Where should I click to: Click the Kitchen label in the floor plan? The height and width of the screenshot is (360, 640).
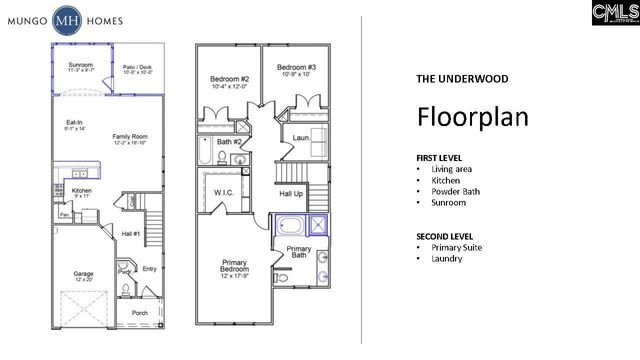(x=82, y=192)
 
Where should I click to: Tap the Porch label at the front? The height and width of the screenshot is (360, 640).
(x=140, y=313)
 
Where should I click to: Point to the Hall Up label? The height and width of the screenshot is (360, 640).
(x=291, y=193)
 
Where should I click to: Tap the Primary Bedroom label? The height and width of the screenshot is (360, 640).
(x=235, y=267)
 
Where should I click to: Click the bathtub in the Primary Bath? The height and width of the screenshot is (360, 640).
(x=290, y=225)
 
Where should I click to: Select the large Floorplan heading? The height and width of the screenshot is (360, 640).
(x=466, y=115)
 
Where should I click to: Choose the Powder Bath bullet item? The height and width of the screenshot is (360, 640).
(x=458, y=191)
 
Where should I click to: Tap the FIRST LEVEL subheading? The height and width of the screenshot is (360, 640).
(x=441, y=159)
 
